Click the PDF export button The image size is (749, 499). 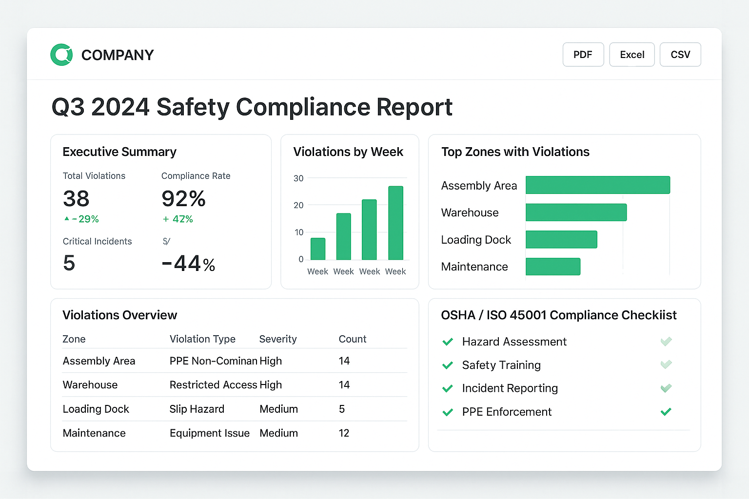(x=583, y=55)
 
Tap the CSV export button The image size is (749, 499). (x=680, y=55)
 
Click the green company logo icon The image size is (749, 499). (x=62, y=55)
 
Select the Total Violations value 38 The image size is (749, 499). (x=76, y=199)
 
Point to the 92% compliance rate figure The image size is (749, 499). (x=183, y=199)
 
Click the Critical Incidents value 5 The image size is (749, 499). (x=69, y=263)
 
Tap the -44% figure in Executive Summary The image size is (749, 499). (x=188, y=264)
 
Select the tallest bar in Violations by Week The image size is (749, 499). (x=395, y=223)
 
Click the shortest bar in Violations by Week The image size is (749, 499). (x=318, y=249)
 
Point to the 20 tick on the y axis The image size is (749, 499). (x=298, y=205)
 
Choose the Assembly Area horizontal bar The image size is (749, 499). (x=597, y=185)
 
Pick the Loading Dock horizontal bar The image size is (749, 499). (x=561, y=239)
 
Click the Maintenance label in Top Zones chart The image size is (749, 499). (x=474, y=267)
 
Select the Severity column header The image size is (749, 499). (x=278, y=339)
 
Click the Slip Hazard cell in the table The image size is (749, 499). (x=197, y=409)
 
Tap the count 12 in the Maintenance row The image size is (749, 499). (x=344, y=433)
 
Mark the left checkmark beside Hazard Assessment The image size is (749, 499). (x=448, y=342)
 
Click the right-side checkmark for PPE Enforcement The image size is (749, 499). (x=666, y=412)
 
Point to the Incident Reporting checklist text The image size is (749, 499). (x=510, y=388)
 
